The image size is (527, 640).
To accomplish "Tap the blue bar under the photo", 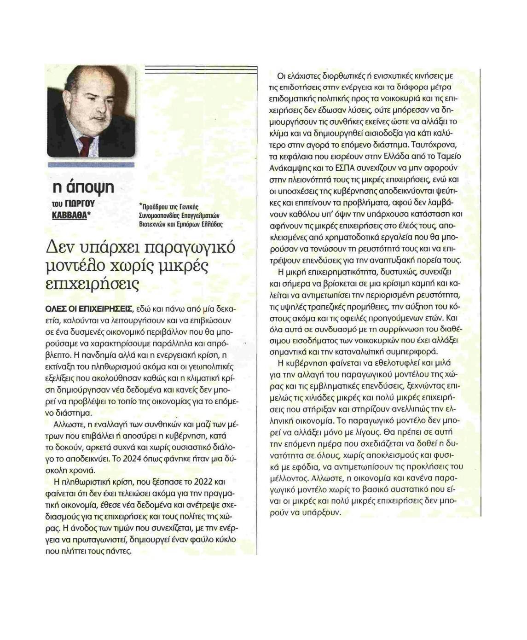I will (x=91, y=164).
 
